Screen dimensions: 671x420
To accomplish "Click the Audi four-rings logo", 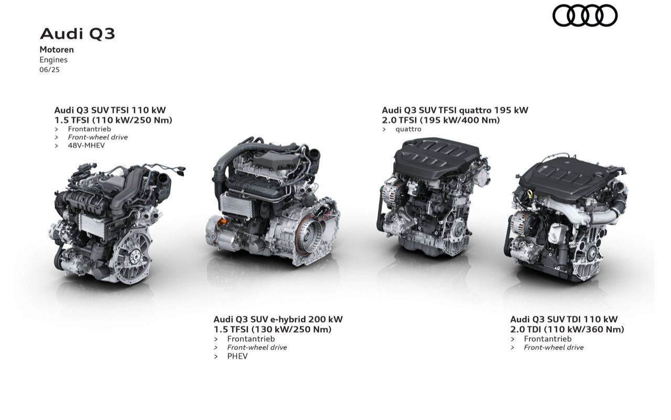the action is coord(585,15).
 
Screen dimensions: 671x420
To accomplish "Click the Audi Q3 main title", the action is coord(77,34).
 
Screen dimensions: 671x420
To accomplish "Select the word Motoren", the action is coord(57,50).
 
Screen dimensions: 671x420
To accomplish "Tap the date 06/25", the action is coord(49,70).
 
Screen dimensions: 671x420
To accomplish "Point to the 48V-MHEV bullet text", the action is coord(86,146).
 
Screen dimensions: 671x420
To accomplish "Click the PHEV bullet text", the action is coord(237,356).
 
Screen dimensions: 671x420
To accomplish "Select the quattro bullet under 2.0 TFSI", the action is coord(408,129).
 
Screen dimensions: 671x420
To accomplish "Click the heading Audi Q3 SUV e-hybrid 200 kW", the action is coord(278,319).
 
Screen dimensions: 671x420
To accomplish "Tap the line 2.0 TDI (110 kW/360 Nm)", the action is coord(567,329).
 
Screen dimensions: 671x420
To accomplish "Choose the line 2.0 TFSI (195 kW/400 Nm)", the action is coord(441,120).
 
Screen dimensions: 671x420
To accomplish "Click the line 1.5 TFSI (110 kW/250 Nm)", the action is coord(113,120).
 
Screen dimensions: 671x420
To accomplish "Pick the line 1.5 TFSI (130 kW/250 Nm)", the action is coord(273,329).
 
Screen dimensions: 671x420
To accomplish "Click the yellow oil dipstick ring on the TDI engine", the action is coord(531,193).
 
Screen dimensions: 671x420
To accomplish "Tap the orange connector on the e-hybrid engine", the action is coord(223,222).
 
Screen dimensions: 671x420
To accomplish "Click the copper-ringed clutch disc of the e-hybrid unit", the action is coord(309,236).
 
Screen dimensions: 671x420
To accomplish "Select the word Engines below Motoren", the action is coord(53,60).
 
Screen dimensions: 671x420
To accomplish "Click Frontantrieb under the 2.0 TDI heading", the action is coord(548,339).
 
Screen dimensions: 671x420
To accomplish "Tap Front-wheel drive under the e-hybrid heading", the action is coord(257,348).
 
